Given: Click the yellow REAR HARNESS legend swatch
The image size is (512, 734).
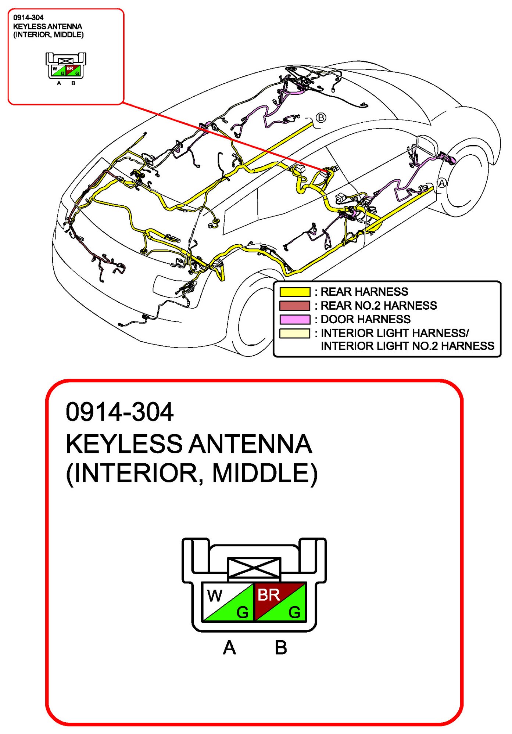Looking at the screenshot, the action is point(294,292).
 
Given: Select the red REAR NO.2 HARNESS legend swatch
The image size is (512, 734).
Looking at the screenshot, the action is point(294,306).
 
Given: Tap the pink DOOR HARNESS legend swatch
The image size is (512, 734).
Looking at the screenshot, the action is point(294,319).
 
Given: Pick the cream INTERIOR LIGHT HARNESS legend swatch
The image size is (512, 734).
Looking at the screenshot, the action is point(294,333).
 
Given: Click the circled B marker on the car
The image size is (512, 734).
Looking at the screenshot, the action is point(321,118).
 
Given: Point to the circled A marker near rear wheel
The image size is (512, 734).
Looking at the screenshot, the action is point(441,183).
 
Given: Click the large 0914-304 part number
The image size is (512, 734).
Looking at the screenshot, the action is point(119,412).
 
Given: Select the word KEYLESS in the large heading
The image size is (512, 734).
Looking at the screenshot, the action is point(124,444).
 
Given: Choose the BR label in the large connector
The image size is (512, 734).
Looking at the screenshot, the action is point(268,595).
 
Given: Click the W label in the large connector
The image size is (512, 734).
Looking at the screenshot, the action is point(215,596).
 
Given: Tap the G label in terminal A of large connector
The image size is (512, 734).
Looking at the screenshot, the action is point(242,612).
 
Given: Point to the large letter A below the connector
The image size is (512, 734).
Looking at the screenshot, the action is point(229,648).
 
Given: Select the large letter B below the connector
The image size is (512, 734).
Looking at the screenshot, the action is point(281,648).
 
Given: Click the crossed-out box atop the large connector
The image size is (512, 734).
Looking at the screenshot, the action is point(254,569).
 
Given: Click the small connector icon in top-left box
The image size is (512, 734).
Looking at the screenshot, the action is point(66,66).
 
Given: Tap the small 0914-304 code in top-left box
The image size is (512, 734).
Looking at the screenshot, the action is point(28,18).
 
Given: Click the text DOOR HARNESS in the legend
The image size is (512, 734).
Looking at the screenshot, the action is point(365,319).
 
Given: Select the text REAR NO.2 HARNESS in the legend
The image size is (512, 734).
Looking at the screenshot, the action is point(379,306).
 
